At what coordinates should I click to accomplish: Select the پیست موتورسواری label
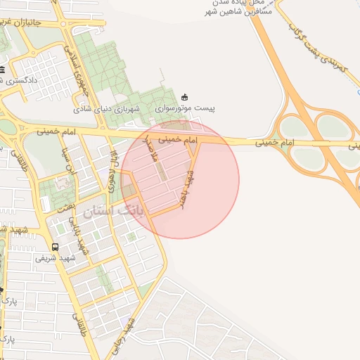point(186,110)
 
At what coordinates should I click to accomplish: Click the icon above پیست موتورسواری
point(185,97)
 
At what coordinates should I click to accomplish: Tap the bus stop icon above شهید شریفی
point(55,247)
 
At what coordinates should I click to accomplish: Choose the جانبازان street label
point(30,22)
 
